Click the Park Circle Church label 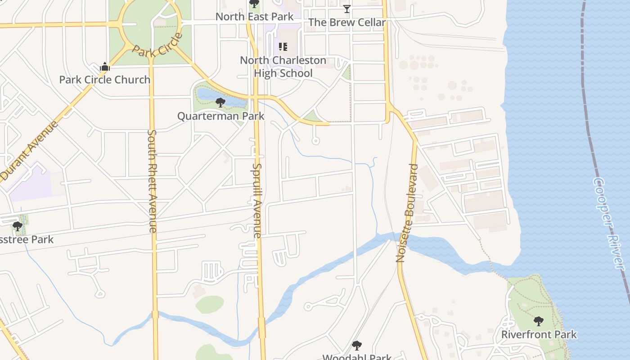pyautogui.click(x=105, y=80)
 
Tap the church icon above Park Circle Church pyautogui.click(x=105, y=67)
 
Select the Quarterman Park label pyautogui.click(x=220, y=116)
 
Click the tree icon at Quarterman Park pyautogui.click(x=220, y=103)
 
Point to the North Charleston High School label pyautogui.click(x=283, y=67)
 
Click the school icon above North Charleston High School pyautogui.click(x=283, y=47)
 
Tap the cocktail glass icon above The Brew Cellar pyautogui.click(x=346, y=9)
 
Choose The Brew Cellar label pyautogui.click(x=347, y=22)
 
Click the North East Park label pyautogui.click(x=254, y=17)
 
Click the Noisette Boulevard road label pyautogui.click(x=407, y=213)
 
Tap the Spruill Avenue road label pyautogui.click(x=256, y=200)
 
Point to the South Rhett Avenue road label pyautogui.click(x=152, y=181)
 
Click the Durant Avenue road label pyautogui.click(x=29, y=151)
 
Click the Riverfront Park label pyautogui.click(x=539, y=335)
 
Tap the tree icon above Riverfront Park pyautogui.click(x=538, y=321)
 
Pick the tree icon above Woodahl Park pyautogui.click(x=357, y=346)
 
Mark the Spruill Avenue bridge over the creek pyautogui.click(x=261, y=327)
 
